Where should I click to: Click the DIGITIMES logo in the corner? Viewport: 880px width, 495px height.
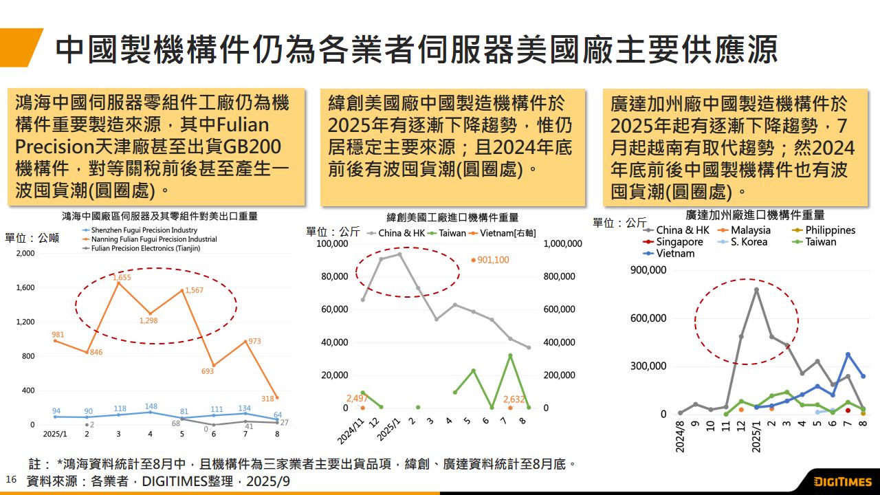pyautogui.click(x=843, y=482)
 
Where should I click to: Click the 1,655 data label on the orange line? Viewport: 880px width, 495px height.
pyautogui.click(x=122, y=277)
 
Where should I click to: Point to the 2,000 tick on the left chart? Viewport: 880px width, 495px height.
pyautogui.click(x=25, y=254)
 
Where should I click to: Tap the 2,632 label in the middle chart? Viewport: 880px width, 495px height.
pyautogui.click(x=514, y=399)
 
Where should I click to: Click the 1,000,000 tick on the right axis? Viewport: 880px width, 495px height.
pyautogui.click(x=562, y=244)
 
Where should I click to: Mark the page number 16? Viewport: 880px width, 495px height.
pyautogui.click(x=10, y=479)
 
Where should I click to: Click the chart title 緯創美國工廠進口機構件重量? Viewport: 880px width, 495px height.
pyautogui.click(x=452, y=217)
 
